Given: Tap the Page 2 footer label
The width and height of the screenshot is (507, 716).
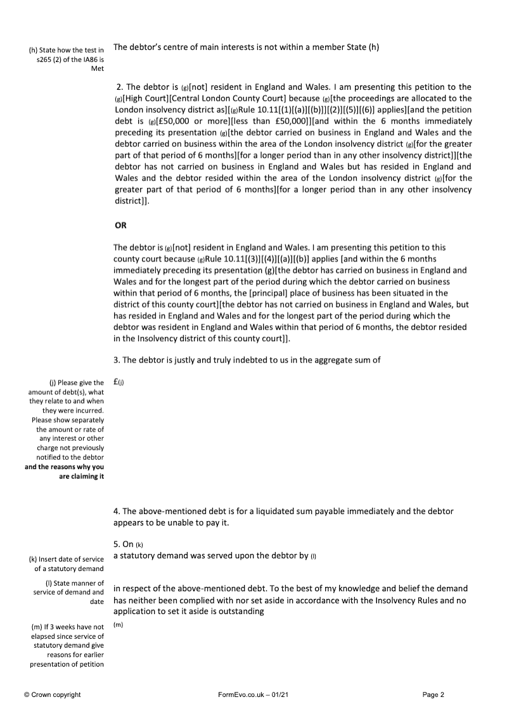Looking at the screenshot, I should (x=433, y=694).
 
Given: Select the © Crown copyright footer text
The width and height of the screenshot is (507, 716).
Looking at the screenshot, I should (x=53, y=694).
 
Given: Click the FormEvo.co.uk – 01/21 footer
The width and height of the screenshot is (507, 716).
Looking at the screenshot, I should (x=253, y=694).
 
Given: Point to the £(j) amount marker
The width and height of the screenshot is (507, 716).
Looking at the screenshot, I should (x=119, y=382).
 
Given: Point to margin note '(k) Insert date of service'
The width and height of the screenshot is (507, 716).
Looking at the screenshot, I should (x=67, y=560).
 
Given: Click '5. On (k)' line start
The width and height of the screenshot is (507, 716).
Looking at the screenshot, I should (x=125, y=544).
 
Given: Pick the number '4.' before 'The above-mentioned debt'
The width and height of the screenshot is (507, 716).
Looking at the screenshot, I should (x=117, y=511).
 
